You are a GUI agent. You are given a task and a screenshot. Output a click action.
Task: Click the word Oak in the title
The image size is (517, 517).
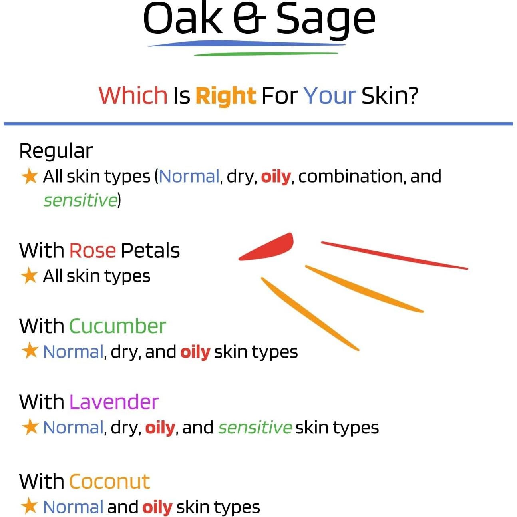183,18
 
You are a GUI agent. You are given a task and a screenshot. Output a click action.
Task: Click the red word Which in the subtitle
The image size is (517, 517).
133,95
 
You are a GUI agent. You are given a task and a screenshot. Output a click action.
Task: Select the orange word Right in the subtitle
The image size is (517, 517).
225,96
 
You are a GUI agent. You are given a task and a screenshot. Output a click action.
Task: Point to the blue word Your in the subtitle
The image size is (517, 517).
329,96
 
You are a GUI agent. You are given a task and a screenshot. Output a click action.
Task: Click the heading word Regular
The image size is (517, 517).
56,151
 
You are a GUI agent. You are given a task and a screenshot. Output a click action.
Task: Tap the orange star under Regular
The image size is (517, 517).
29,176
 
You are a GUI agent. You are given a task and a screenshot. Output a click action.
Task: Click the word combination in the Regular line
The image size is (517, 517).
350,176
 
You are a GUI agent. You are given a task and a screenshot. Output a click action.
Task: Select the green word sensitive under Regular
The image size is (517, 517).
80,200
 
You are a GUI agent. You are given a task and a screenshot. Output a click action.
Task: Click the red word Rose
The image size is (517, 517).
92,251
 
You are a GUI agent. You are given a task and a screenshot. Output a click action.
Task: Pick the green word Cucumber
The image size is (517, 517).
117,326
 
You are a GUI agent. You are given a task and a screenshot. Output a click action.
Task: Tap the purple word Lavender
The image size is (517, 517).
114,402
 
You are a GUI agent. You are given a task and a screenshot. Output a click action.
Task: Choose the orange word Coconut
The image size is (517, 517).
109,481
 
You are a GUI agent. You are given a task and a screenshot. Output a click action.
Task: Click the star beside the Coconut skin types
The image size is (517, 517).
29,507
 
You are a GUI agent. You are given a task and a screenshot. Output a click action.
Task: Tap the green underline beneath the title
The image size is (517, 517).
266,54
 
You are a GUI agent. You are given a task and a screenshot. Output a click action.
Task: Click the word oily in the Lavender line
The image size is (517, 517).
160,428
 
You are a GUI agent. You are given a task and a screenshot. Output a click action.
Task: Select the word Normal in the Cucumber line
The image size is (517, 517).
73,352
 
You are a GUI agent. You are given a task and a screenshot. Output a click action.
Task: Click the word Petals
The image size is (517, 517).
150,251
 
